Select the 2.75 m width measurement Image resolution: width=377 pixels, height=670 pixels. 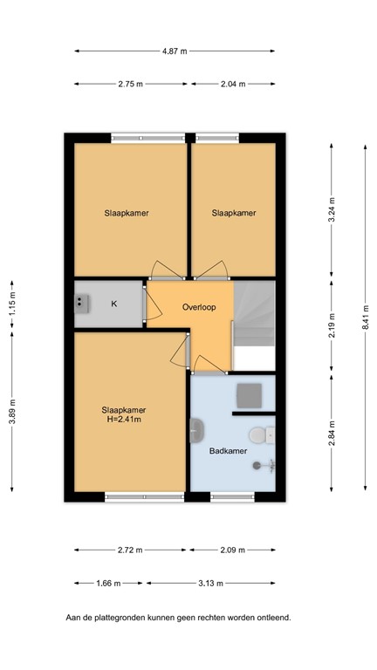point(130,84)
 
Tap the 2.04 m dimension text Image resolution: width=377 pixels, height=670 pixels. point(232,84)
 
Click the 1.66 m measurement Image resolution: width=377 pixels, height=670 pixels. point(108,584)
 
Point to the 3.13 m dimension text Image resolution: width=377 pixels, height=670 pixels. point(210,584)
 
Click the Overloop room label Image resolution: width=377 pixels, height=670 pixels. point(199,307)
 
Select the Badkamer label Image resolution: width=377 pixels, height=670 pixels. point(228,451)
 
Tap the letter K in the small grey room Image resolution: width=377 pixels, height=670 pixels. point(113,304)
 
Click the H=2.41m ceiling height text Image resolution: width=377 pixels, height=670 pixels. point(124,420)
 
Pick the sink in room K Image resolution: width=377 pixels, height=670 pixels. point(83,303)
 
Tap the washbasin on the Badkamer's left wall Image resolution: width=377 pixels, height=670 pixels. point(196,429)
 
